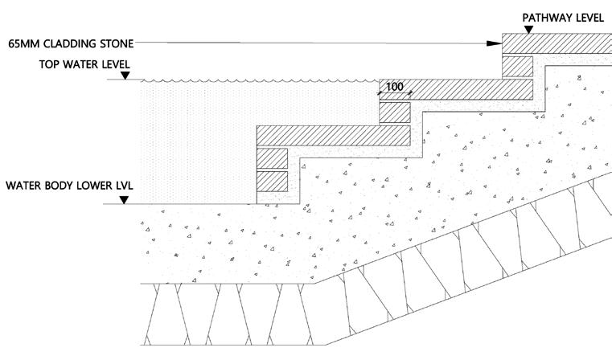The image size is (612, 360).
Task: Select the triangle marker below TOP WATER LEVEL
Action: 125,76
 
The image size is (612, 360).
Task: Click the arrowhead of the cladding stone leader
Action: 497,43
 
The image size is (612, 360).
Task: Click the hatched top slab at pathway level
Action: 557,43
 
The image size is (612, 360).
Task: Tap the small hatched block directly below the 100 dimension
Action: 395,112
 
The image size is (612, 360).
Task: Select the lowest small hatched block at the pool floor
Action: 271,181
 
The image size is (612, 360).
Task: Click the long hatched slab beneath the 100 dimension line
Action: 456,88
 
